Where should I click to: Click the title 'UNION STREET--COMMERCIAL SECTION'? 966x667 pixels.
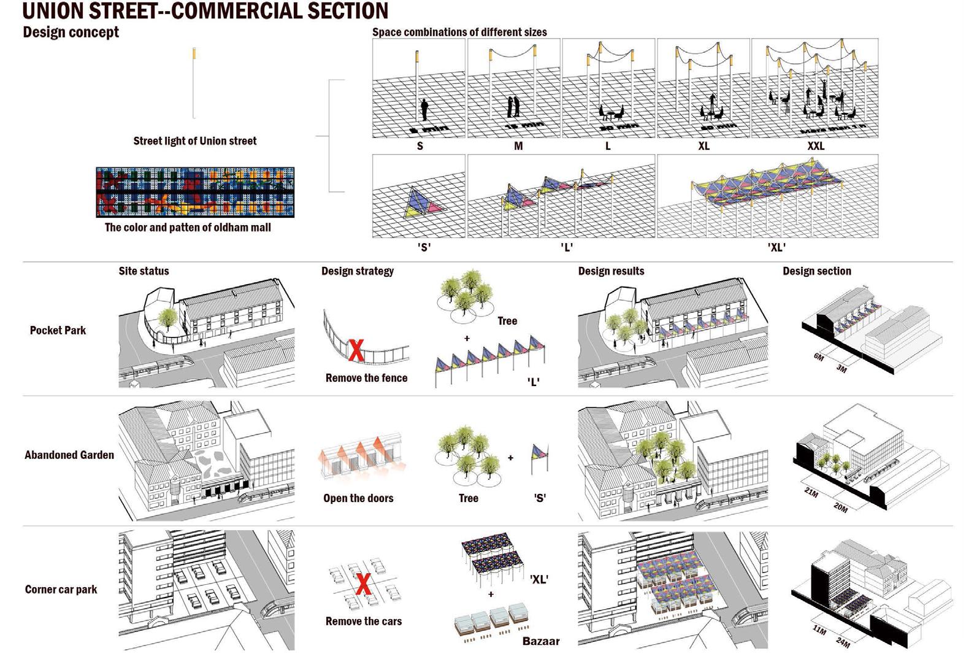[x=205, y=10]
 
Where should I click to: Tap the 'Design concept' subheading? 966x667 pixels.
[x=71, y=32]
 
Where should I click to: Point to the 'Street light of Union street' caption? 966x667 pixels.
[x=195, y=141]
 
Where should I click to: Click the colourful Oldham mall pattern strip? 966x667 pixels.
[x=195, y=192]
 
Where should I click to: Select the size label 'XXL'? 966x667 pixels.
[x=816, y=146]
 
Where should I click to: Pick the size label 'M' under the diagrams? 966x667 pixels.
[x=518, y=146]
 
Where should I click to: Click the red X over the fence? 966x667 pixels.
[x=356, y=350]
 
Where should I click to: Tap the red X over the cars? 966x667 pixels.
[x=363, y=585]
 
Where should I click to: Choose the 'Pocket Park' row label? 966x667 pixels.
[x=58, y=330]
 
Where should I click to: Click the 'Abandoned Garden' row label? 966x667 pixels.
[x=69, y=455]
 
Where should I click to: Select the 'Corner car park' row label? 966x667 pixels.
[x=61, y=590]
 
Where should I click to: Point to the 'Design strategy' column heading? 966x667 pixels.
[x=358, y=271]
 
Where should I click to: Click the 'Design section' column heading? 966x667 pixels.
[x=816, y=271]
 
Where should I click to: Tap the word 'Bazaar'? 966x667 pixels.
[x=541, y=641]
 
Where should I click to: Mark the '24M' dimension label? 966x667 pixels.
[x=843, y=642]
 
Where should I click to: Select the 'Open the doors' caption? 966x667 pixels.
[x=358, y=498]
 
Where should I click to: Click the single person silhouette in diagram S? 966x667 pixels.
[x=424, y=110]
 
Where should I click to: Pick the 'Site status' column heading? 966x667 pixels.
[x=144, y=271]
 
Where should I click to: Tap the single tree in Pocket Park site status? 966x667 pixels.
[x=167, y=318]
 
